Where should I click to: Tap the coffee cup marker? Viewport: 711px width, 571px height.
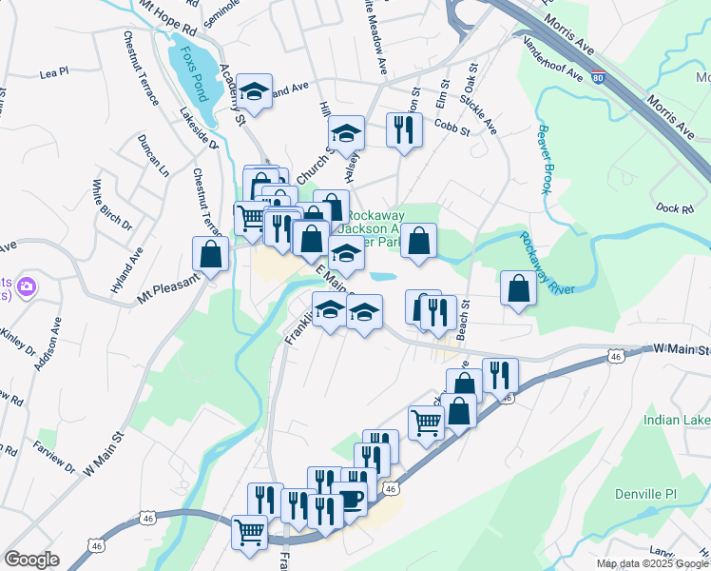(x=350, y=499)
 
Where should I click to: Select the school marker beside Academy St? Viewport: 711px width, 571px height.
(x=254, y=91)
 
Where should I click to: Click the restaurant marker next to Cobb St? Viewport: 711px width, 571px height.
(x=404, y=129)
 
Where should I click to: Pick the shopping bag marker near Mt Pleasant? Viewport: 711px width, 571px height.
(x=211, y=254)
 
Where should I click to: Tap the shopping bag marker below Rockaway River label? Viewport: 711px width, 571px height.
(x=518, y=289)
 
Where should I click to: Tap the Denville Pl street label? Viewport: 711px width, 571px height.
(x=669, y=495)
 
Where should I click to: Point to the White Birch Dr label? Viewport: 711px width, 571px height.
(x=111, y=205)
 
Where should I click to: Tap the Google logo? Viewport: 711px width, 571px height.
(x=31, y=560)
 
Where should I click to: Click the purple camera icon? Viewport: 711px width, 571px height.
(x=28, y=285)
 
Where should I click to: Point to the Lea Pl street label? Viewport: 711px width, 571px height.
(x=54, y=71)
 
